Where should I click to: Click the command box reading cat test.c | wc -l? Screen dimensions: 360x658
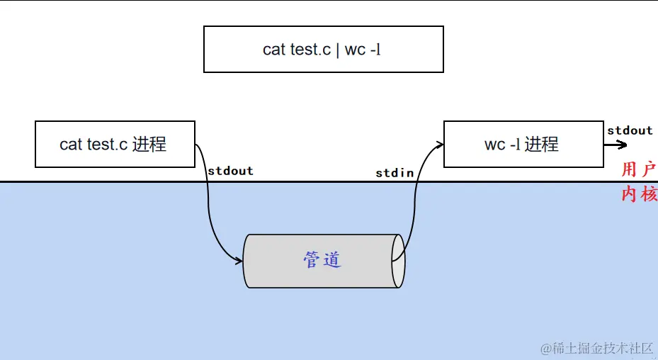(323, 50)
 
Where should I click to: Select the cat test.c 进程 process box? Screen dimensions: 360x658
(115, 144)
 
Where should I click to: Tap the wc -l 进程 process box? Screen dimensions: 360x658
(523, 144)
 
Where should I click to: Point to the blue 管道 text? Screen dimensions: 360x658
(322, 259)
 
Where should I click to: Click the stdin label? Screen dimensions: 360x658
(395, 173)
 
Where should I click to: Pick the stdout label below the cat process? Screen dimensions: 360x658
(230, 171)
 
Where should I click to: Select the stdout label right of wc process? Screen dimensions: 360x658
(630, 130)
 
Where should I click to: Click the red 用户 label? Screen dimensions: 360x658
(639, 169)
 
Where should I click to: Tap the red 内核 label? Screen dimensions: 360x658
(639, 193)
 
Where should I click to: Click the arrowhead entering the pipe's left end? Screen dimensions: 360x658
(239, 261)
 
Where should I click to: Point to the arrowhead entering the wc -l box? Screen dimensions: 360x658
(439, 145)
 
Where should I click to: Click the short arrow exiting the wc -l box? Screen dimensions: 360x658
(616, 145)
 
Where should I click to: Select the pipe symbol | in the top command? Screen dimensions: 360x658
(338, 50)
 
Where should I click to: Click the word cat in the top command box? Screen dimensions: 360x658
(274, 50)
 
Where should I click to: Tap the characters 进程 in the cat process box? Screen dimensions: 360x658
(149, 144)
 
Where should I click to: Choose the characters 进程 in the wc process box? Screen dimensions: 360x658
(541, 144)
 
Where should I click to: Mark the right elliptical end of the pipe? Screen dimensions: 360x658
(399, 260)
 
